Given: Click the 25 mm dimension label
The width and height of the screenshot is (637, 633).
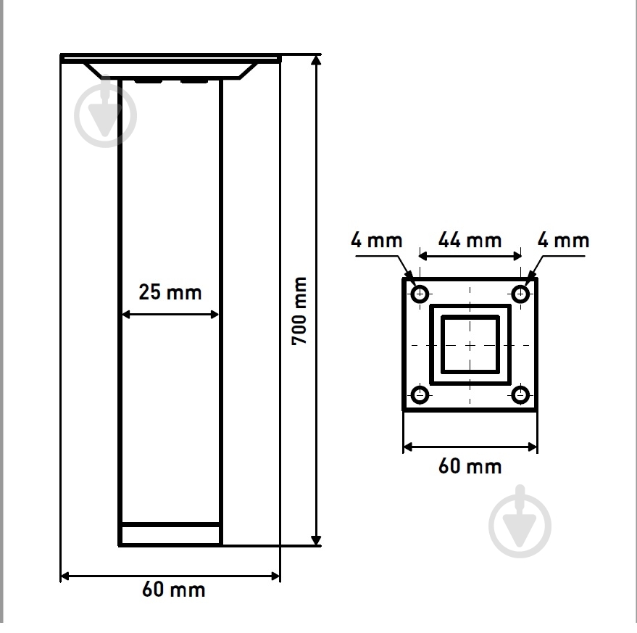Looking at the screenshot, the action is point(170,292).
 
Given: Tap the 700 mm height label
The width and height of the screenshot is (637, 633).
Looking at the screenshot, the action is point(299,311).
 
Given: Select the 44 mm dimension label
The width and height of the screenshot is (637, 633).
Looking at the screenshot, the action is point(470,240).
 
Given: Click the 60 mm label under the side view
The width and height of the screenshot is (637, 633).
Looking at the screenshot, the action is point(173,589).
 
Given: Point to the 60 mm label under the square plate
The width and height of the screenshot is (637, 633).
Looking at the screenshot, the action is point(470,466).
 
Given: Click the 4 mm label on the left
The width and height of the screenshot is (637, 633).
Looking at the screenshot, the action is point(377,240).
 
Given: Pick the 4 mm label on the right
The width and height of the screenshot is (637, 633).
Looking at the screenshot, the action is point(563,240).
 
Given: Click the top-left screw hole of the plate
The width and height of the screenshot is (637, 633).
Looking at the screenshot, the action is point(420,294).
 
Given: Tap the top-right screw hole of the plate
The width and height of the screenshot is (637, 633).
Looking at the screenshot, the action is point(520,294).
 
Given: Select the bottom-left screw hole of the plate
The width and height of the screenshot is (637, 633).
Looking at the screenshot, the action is point(420,394).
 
